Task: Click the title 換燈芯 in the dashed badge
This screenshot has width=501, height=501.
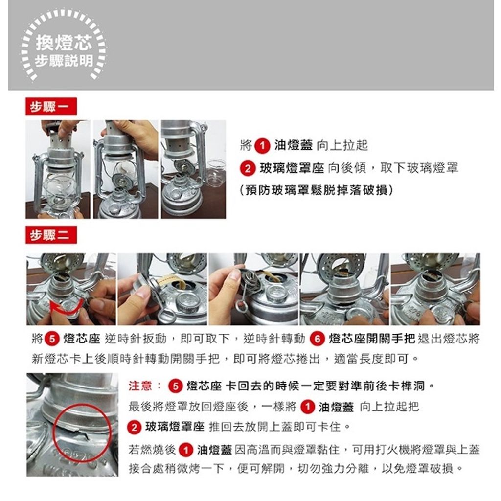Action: tap(64, 43)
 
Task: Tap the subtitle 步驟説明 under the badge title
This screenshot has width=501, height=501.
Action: tap(64, 61)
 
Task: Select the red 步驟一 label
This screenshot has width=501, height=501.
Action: tap(51, 106)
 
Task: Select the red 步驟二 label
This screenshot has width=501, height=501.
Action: tap(51, 235)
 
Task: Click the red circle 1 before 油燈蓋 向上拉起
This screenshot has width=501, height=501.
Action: tap(262, 146)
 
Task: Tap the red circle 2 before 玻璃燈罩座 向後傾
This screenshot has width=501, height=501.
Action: tap(248, 168)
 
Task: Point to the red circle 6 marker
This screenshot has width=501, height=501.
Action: tap(317, 339)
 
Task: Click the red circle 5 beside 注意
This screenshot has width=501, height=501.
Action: tap(175, 386)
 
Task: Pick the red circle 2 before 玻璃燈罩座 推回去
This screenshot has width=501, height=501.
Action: tap(134, 427)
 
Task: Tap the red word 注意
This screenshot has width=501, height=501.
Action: tap(140, 386)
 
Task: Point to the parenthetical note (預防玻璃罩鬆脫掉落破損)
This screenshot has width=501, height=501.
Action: tap(317, 190)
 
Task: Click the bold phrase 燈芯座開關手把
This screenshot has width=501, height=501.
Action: tap(372, 339)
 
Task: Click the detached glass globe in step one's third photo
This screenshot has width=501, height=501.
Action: tap(216, 173)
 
